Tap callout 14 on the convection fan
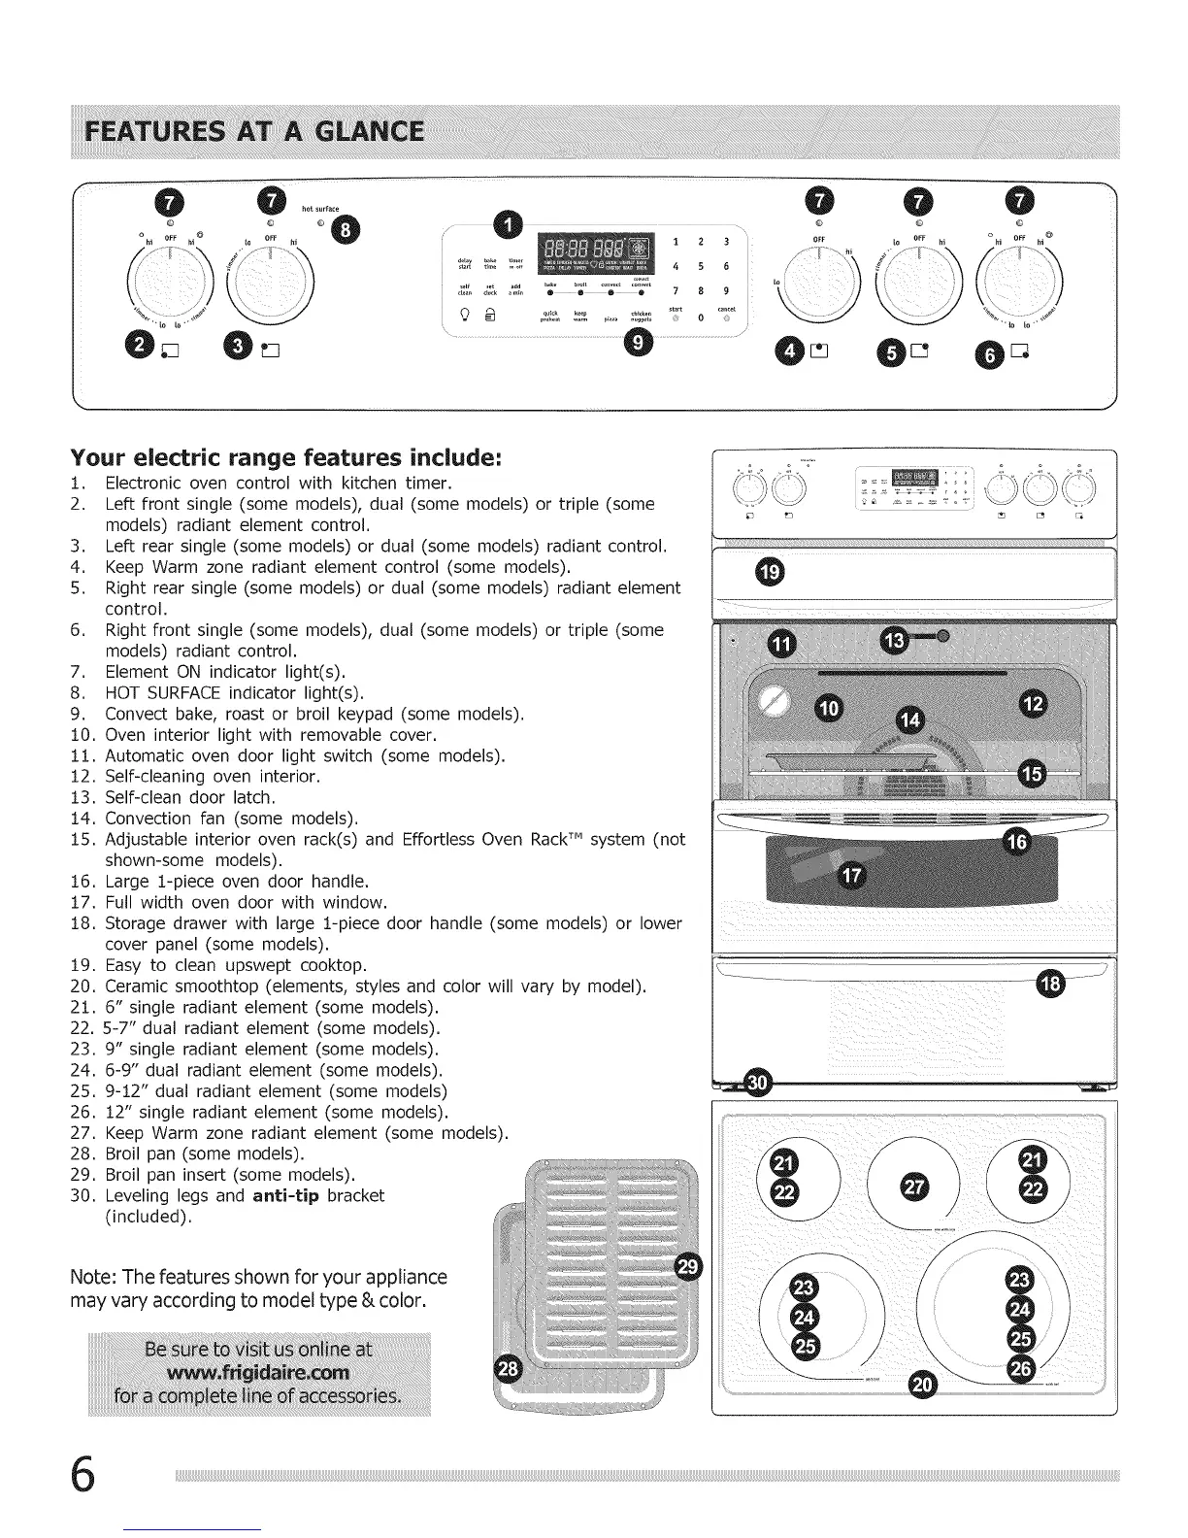coord(909,719)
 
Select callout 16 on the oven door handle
coord(1015,841)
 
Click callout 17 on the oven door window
coord(850,877)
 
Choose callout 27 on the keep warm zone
coord(915,1187)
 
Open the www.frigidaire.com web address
coord(258,1373)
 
